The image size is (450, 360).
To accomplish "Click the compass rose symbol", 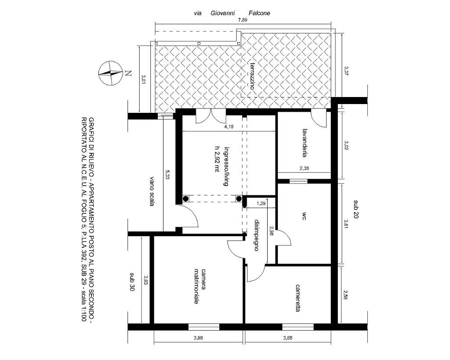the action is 110,73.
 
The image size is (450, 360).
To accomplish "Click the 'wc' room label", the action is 304,216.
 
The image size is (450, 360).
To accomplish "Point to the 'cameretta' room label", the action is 298,298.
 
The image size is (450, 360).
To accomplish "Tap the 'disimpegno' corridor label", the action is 257,236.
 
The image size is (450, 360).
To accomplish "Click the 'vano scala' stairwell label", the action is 152,191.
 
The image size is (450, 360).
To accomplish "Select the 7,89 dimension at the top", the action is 243,20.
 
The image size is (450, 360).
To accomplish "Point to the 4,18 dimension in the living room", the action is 229,126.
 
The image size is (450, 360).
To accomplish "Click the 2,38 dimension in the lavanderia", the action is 304,169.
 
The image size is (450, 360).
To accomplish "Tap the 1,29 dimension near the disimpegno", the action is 261,204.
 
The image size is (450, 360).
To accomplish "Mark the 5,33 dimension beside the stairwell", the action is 167,175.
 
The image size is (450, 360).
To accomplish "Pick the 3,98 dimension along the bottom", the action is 198,338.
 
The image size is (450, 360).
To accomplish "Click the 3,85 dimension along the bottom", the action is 287,338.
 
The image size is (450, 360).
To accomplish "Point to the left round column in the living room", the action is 185,198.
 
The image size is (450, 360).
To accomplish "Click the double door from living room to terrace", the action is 210,116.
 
